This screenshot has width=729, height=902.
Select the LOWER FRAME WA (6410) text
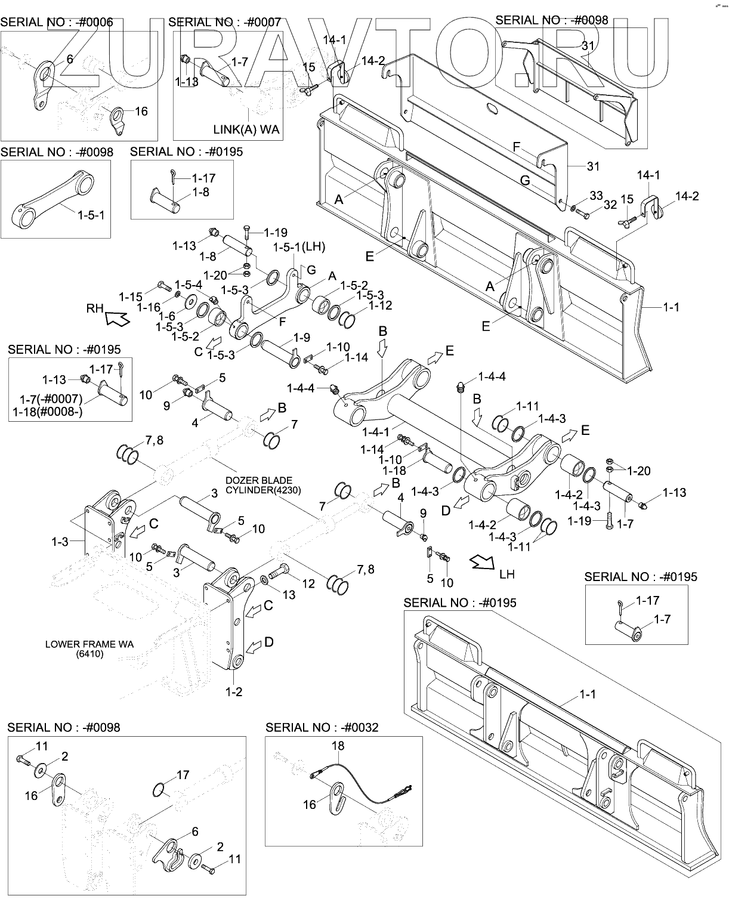[x=89, y=649]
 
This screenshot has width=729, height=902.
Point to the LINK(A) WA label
[x=246, y=129]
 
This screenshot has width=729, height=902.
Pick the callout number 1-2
[x=233, y=691]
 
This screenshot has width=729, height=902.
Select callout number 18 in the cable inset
[x=338, y=746]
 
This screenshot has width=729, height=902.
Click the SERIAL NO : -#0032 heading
[x=322, y=728]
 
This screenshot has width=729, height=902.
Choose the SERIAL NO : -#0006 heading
[x=57, y=23]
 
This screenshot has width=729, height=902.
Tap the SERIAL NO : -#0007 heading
[x=224, y=23]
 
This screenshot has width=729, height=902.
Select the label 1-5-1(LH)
[x=299, y=246]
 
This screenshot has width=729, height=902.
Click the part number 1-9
[x=301, y=338]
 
